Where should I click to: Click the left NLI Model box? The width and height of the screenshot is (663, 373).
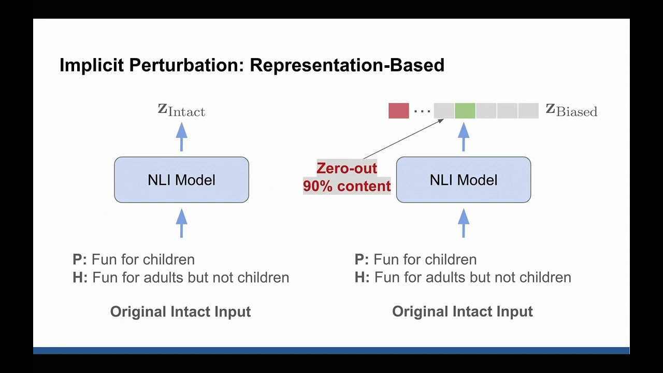click(x=181, y=180)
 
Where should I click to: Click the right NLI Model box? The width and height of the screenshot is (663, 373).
click(x=463, y=180)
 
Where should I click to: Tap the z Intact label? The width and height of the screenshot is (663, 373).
click(x=181, y=110)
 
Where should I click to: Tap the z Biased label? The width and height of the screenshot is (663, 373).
click(x=571, y=110)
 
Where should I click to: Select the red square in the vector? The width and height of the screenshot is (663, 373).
click(x=398, y=111)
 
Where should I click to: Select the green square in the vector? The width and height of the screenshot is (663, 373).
click(x=465, y=111)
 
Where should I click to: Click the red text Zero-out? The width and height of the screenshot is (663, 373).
click(x=347, y=168)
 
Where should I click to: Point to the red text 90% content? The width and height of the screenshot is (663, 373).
click(x=347, y=186)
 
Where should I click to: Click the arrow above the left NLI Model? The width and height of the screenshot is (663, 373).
click(x=181, y=137)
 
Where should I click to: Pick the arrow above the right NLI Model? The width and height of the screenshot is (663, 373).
click(x=463, y=137)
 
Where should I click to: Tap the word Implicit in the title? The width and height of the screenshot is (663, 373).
click(x=91, y=65)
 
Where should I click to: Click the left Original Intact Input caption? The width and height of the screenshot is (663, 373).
click(x=180, y=311)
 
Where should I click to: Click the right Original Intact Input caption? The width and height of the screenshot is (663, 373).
click(x=462, y=311)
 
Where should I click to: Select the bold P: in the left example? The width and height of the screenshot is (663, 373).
click(x=80, y=259)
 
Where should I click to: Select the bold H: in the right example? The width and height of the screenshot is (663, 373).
click(x=362, y=277)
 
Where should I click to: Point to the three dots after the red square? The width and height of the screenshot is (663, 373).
click(x=422, y=111)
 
